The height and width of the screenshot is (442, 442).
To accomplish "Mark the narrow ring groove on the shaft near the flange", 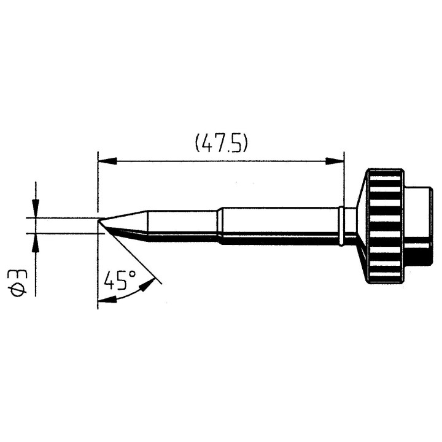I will click(x=341, y=226).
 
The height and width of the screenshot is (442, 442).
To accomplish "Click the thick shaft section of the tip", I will click(x=279, y=226).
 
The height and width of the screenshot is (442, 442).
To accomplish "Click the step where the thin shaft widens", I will click(x=219, y=225).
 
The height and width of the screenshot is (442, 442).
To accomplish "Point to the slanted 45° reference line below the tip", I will click(x=132, y=255).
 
